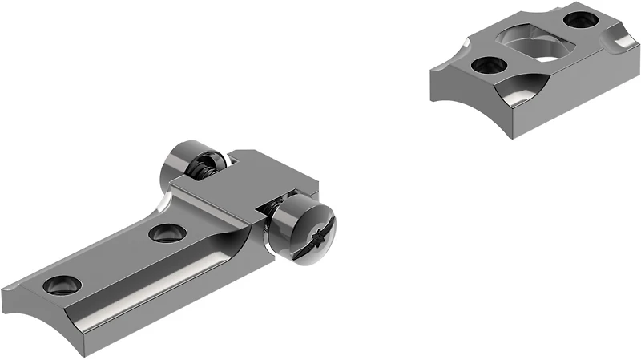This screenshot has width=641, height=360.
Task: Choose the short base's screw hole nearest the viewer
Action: coord(485,64)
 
